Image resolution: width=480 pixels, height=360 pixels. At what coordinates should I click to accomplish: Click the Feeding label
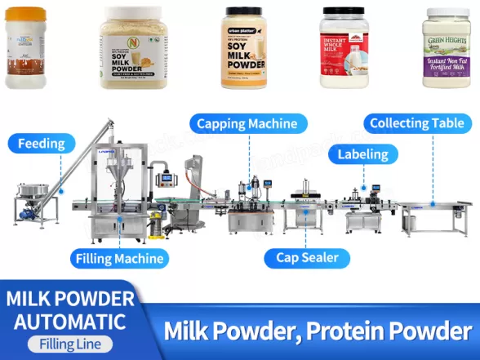click(41, 144)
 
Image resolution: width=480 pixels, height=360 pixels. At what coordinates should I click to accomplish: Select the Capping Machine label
click(251, 124)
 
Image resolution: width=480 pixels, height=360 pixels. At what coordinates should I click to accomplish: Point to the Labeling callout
click(363, 153)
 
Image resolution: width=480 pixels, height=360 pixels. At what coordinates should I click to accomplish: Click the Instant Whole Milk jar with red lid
click(344, 48)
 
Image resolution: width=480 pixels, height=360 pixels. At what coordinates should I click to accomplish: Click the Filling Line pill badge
click(64, 344)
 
